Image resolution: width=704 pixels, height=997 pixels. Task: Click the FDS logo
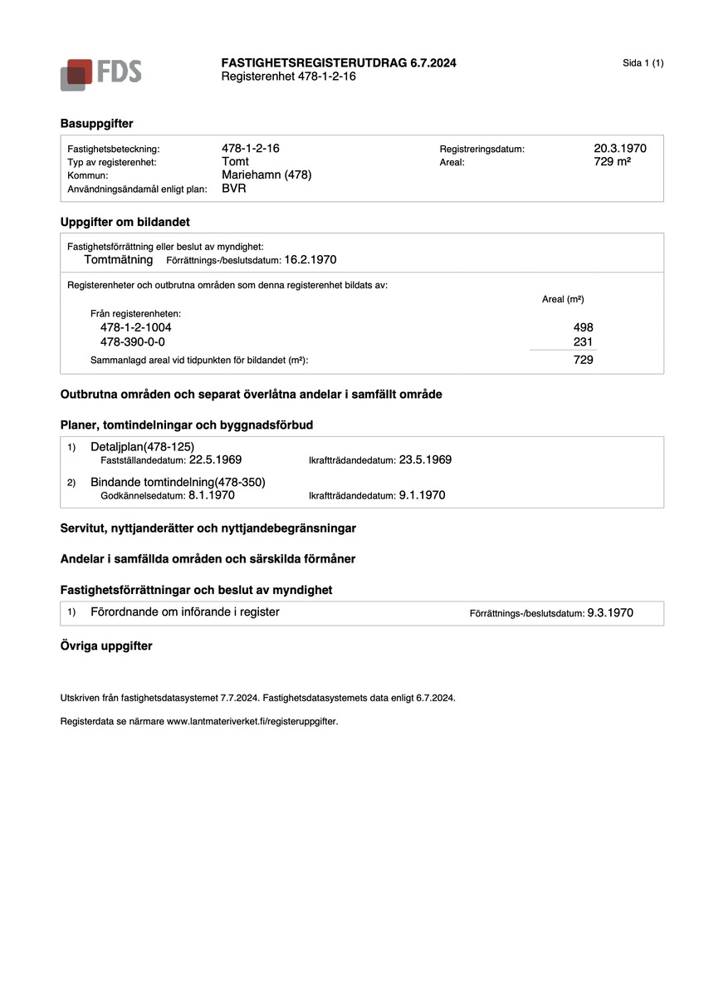click(100, 74)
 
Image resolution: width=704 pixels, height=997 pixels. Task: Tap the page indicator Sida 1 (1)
click(643, 63)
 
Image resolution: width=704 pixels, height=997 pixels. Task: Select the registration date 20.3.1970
click(619, 149)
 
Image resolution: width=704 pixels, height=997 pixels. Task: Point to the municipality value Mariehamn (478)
click(266, 175)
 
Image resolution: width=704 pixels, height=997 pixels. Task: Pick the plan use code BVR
click(234, 189)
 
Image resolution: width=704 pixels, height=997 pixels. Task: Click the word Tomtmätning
click(119, 259)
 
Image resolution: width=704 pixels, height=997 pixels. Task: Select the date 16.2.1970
click(310, 259)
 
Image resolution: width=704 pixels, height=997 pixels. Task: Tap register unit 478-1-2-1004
click(135, 327)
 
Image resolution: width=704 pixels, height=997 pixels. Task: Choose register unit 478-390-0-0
click(132, 341)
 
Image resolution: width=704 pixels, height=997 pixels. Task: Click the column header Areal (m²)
click(563, 299)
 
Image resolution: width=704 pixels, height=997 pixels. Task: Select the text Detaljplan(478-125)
click(142, 447)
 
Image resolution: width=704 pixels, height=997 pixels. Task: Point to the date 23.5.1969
click(425, 459)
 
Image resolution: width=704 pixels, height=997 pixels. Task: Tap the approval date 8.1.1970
click(211, 495)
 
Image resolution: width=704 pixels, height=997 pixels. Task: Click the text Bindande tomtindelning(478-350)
click(178, 482)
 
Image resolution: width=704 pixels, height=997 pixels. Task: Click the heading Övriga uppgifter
click(106, 646)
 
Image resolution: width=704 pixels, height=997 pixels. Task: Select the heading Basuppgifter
click(96, 123)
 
